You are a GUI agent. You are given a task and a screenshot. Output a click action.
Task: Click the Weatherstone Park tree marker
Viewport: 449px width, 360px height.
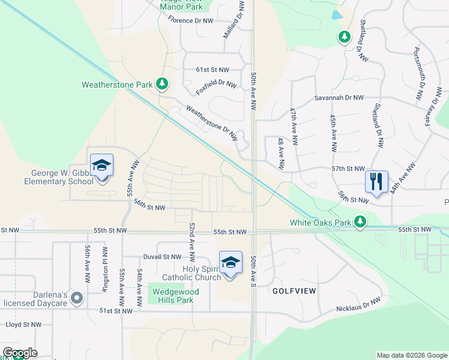pyautogui.click(x=161, y=85)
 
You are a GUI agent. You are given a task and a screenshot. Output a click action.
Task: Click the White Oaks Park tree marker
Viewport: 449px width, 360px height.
pyautogui.click(x=360, y=222)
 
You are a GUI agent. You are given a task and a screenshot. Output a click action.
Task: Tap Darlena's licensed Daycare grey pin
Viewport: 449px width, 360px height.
pyautogui.click(x=76, y=298)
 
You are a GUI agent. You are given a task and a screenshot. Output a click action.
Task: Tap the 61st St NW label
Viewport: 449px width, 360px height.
pyautogui.click(x=212, y=70)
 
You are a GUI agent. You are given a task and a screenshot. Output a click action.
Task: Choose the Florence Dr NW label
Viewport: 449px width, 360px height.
pyautogui.click(x=190, y=20)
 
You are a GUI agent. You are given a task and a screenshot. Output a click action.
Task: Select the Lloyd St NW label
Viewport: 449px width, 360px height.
pyautogui.click(x=23, y=324)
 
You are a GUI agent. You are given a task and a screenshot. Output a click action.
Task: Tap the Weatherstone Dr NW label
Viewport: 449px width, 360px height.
pyautogui.click(x=212, y=124)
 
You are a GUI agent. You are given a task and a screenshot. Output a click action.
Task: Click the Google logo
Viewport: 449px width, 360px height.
pyautogui.click(x=20, y=353)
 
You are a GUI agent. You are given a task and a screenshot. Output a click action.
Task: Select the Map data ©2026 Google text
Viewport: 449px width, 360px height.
pyautogui.click(x=411, y=355)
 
